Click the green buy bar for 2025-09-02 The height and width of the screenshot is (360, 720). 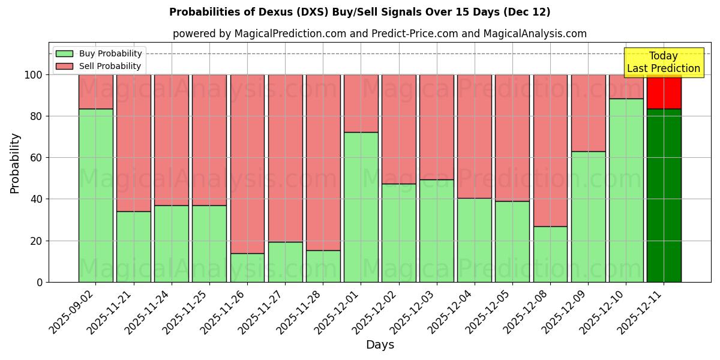95,195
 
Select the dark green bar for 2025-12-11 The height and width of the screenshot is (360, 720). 664,195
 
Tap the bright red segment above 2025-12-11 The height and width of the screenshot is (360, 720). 664,92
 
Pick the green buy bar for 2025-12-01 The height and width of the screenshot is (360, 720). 361,207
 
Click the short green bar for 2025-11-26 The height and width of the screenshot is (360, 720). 247,268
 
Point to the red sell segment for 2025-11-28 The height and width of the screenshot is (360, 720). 323,162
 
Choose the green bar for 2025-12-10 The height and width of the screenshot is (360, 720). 626,190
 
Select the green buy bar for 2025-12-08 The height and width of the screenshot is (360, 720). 550,254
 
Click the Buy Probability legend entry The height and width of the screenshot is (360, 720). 99,53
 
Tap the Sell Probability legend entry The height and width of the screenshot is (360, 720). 99,66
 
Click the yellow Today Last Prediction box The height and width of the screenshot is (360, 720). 663,62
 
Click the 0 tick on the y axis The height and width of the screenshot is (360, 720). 40,282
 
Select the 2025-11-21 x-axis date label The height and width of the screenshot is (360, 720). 110,311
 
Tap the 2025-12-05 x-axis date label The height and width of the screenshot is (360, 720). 488,311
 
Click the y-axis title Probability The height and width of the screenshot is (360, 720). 16,163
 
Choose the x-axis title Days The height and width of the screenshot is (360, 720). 380,345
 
